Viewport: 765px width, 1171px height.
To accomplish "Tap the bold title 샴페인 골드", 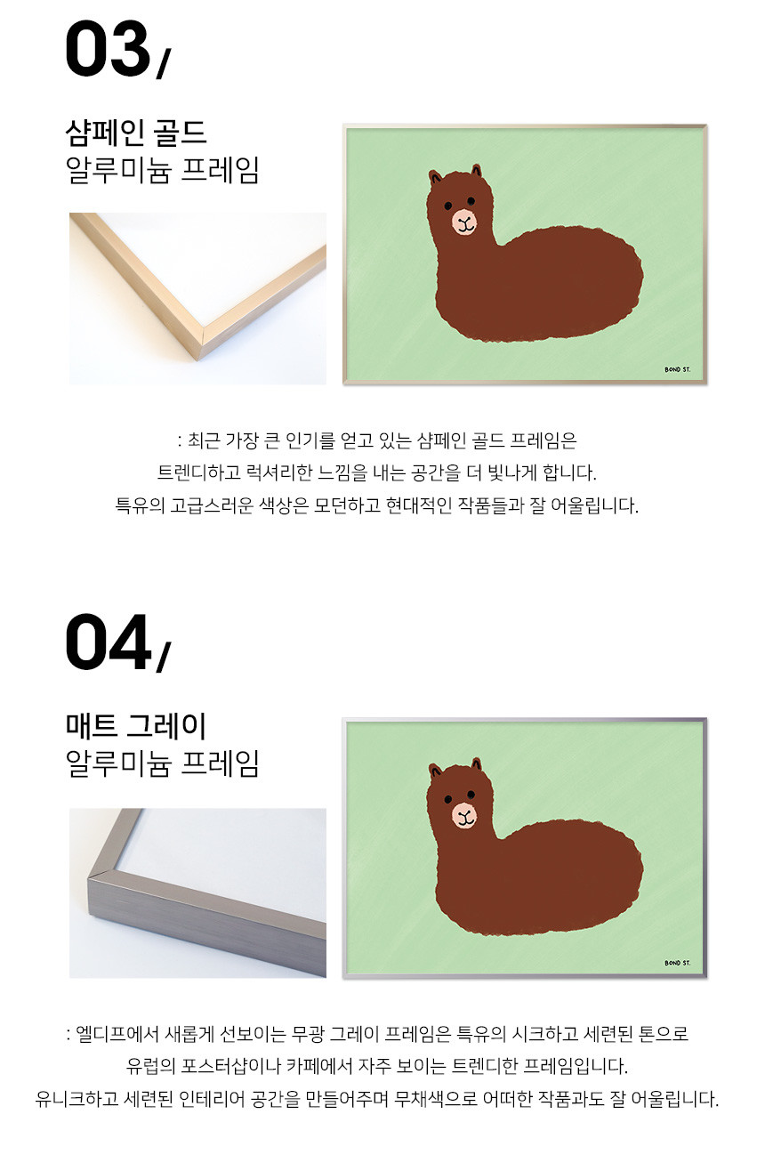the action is tap(136, 133).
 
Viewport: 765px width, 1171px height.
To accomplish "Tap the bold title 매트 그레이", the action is tap(136, 725).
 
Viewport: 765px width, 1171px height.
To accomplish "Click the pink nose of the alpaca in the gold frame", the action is tap(464, 222).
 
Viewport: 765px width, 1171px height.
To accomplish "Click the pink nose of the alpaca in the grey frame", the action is tap(464, 815).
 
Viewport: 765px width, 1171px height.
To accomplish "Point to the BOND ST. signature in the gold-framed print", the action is tap(677, 369).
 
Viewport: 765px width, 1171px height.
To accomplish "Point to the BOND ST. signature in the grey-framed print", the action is tap(677, 963).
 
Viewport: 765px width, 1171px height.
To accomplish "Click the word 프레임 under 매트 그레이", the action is tap(220, 763).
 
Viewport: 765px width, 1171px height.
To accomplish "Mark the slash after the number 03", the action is tap(164, 63).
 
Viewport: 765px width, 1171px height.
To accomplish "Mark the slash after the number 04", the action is tap(164, 657).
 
